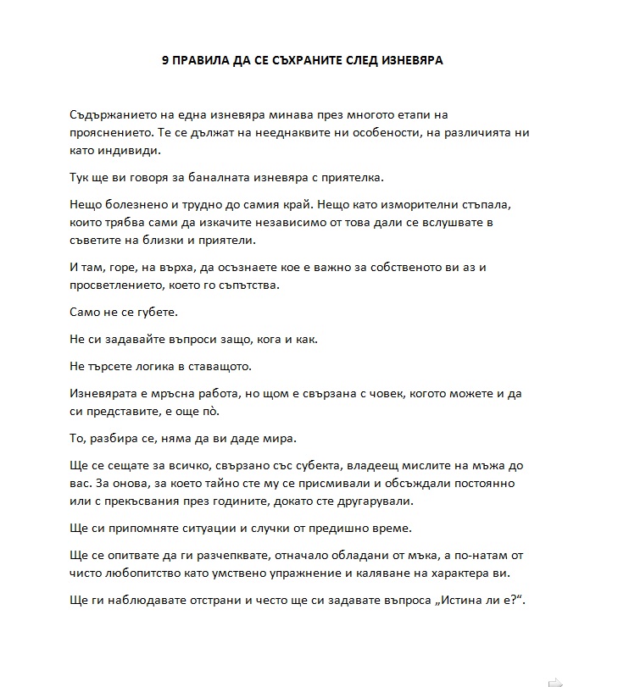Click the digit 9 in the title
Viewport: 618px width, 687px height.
[165, 60]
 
